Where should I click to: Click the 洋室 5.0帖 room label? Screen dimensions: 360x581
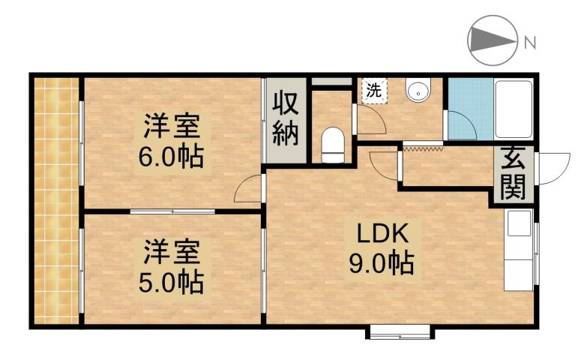(x=172, y=265)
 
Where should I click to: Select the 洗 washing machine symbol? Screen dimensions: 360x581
(x=373, y=91)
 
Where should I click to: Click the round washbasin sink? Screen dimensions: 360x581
(x=418, y=91)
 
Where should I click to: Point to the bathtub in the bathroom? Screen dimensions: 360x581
(x=514, y=109)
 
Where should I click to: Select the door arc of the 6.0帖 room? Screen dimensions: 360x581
(x=248, y=190)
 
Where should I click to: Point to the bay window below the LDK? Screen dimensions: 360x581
(x=398, y=330)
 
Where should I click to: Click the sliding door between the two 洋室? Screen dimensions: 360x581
(x=172, y=211)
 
